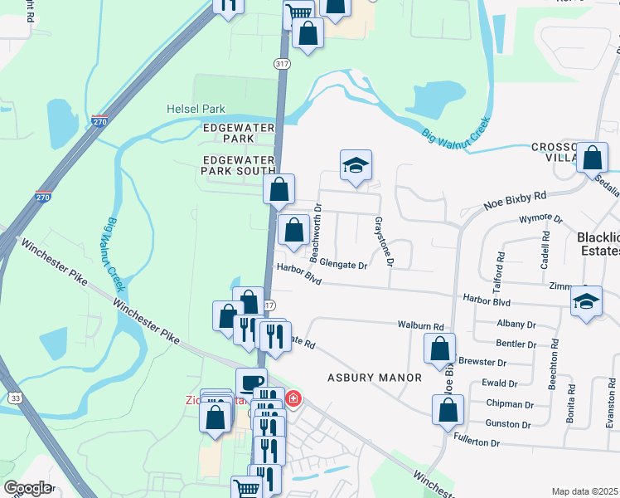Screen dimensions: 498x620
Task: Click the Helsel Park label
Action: (x=195, y=109)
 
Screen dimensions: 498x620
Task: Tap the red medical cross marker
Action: (x=293, y=399)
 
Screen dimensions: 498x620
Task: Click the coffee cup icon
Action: (x=251, y=383)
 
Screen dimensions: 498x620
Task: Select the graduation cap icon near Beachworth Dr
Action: (x=356, y=164)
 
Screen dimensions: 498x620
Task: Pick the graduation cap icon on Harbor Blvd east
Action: (x=587, y=302)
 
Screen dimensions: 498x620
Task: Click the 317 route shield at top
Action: (x=281, y=62)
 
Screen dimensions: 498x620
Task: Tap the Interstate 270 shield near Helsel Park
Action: (x=100, y=122)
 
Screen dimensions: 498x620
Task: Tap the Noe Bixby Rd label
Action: (x=516, y=201)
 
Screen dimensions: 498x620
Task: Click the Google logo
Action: (x=27, y=487)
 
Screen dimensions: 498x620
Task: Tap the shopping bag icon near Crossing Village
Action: (x=593, y=158)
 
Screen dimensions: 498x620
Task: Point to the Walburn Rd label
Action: (x=420, y=326)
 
